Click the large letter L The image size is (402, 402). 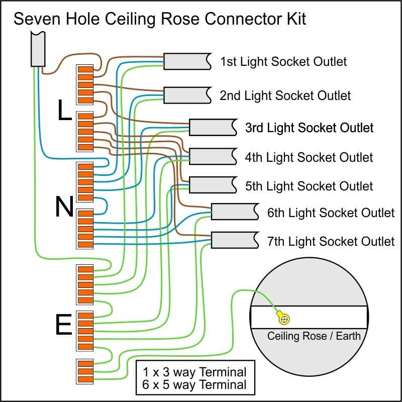click(64, 111)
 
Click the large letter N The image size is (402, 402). click(64, 207)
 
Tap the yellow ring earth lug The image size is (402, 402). click(284, 318)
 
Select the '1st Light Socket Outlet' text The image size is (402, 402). click(283, 62)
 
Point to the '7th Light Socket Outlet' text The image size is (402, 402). click(331, 241)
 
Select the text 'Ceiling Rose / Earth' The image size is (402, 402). click(314, 336)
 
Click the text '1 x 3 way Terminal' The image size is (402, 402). click(195, 372)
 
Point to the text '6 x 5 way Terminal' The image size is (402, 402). click(195, 385)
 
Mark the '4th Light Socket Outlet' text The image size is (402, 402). click(309, 157)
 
